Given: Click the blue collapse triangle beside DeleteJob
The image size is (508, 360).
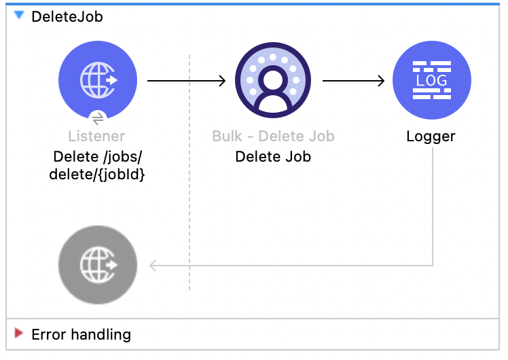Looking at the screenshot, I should pyautogui.click(x=18, y=16).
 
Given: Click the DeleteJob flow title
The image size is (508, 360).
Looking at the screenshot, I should pyautogui.click(x=67, y=16).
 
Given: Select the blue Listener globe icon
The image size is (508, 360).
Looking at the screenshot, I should pyautogui.click(x=98, y=81).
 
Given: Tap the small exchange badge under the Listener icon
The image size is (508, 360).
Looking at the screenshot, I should pyautogui.click(x=98, y=118).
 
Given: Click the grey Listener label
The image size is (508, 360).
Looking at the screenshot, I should pyautogui.click(x=97, y=137).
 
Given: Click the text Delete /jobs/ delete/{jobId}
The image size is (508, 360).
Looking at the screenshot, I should pyautogui.click(x=97, y=164).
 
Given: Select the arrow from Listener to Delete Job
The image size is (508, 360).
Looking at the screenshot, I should pyautogui.click(x=186, y=82).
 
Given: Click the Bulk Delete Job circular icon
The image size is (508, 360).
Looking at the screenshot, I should pyautogui.click(x=272, y=82).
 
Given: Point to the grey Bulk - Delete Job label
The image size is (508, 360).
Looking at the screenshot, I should pyautogui.click(x=273, y=137).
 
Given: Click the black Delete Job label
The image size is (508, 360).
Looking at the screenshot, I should pyautogui.click(x=273, y=157).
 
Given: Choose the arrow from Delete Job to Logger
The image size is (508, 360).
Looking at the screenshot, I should pyautogui.click(x=353, y=82).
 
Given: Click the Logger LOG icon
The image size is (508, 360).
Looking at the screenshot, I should pyautogui.click(x=431, y=82).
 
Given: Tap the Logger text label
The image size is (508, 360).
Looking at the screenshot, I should pyautogui.click(x=431, y=137).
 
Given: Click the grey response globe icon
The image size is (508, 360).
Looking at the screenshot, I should pyautogui.click(x=98, y=264).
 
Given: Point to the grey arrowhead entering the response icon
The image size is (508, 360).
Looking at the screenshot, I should pyautogui.click(x=153, y=265).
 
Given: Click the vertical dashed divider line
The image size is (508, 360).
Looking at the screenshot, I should pyautogui.click(x=189, y=204).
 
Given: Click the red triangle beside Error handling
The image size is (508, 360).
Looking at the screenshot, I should pyautogui.click(x=18, y=334).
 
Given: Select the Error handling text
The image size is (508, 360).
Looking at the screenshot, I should pyautogui.click(x=81, y=334).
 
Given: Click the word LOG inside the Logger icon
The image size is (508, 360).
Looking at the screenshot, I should pyautogui.click(x=431, y=80).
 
